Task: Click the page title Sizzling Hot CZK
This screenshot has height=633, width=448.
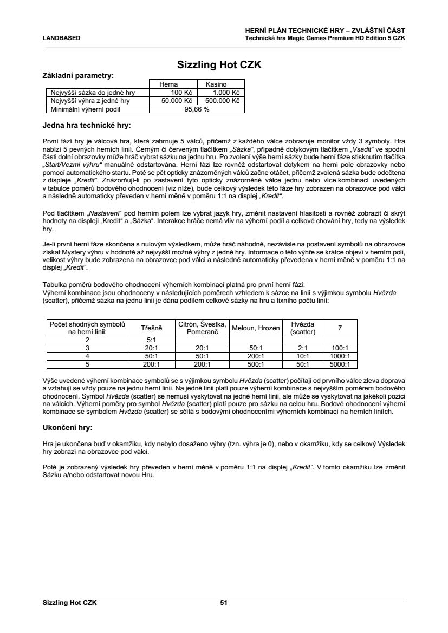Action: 219,65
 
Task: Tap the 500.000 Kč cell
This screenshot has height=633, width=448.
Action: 222,100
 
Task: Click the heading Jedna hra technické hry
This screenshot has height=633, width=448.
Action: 87,126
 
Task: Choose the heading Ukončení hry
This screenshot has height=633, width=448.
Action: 68,428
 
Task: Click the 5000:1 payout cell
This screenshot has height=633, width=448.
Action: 340,364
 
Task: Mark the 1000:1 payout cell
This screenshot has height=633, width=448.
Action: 340,356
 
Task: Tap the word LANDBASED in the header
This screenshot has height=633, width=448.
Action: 62,38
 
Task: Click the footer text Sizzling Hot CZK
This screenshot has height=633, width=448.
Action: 70,602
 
